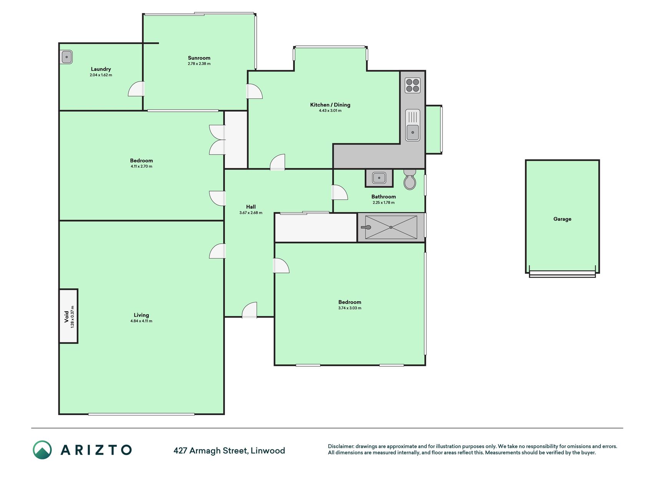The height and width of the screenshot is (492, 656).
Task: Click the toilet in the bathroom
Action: tap(410, 180)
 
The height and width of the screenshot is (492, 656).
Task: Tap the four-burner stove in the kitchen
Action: tap(412, 86)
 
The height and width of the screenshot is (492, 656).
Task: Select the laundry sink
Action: tap(66, 57)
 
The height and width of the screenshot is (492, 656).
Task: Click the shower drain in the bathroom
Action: tap(391, 227)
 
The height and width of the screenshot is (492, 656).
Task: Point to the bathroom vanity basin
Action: tap(379, 178)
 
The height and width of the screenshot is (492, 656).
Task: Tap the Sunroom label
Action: tap(199, 58)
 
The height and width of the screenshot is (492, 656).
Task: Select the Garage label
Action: tap(562, 219)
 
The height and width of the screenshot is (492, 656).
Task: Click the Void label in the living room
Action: tap(66, 317)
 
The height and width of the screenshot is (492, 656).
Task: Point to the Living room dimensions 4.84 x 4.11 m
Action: tap(141, 321)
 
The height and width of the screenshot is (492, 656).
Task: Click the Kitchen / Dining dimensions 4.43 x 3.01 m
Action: tap(330, 111)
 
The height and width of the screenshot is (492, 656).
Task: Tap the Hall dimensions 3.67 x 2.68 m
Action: tap(251, 213)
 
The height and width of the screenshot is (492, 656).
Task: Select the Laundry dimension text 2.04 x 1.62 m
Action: tap(101, 75)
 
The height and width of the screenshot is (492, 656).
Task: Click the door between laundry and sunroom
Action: tap(136, 89)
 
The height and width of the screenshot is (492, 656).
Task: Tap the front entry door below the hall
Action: tap(249, 310)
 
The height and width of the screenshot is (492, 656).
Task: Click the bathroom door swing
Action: tap(340, 192)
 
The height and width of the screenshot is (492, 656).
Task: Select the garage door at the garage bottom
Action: tap(562, 274)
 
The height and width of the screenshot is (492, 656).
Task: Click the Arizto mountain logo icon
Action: tap(42, 450)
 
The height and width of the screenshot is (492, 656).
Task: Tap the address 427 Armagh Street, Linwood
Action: tap(229, 450)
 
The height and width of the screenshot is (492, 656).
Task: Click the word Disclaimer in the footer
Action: tap(341, 446)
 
